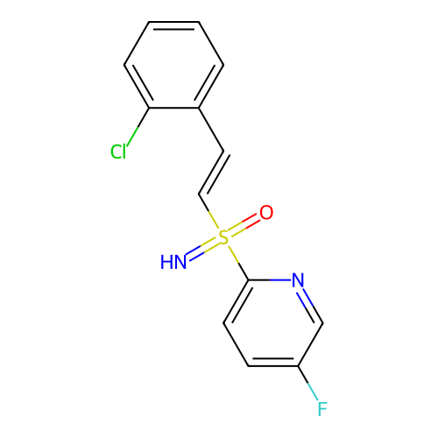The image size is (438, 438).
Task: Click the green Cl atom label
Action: coord(118,152)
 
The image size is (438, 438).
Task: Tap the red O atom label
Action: coord(266,213)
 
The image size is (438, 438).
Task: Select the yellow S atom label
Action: coord(223,237)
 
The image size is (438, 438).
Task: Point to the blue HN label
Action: coord(173,262)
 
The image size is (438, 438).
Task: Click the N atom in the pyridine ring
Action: coord(298,280)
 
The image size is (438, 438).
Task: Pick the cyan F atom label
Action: coord(322,409)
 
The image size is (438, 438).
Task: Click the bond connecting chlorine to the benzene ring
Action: coord(138,127)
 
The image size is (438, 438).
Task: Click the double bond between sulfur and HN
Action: coord(202,250)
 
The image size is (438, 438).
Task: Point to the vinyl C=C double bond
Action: coord(213,173)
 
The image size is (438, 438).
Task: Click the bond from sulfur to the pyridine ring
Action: coord(238,263)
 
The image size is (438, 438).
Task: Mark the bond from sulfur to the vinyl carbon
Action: coord(208,211)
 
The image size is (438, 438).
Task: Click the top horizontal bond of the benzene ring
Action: coord(173,22)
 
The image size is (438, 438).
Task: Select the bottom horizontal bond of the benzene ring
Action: coord(173,108)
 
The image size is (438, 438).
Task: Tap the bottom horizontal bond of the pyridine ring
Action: coord(273,365)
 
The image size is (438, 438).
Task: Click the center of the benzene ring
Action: coord(173,65)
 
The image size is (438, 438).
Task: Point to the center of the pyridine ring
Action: coord(273,323)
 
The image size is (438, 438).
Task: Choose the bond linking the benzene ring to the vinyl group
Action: coord(211,130)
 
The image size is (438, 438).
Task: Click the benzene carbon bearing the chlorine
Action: coord(149,108)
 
